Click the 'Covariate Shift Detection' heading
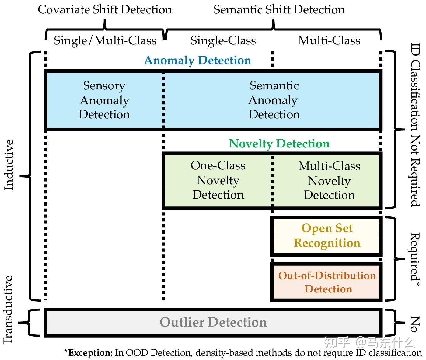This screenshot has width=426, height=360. [x=105, y=10]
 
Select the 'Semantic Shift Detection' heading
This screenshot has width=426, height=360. [x=279, y=10]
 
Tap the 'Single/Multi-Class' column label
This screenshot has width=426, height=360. [x=105, y=40]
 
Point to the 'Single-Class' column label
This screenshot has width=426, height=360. [x=223, y=40]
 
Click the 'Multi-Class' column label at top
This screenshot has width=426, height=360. [x=329, y=40]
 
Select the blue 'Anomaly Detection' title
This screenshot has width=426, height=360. [x=197, y=60]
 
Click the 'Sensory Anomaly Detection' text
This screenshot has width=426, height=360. [x=104, y=100]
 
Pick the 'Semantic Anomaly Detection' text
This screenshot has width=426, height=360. [x=274, y=100]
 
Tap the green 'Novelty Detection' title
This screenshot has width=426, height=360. [x=279, y=144]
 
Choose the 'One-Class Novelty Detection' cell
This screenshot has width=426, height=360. [x=218, y=180]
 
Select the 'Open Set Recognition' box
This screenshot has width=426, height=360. [x=327, y=236]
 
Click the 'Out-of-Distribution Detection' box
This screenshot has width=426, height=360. [x=327, y=282]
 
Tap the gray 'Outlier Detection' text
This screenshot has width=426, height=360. [x=213, y=322]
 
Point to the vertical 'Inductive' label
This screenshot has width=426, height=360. [x=9, y=165]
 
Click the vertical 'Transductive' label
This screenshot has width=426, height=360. [x=9, y=310]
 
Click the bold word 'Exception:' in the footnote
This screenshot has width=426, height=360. [x=90, y=353]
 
